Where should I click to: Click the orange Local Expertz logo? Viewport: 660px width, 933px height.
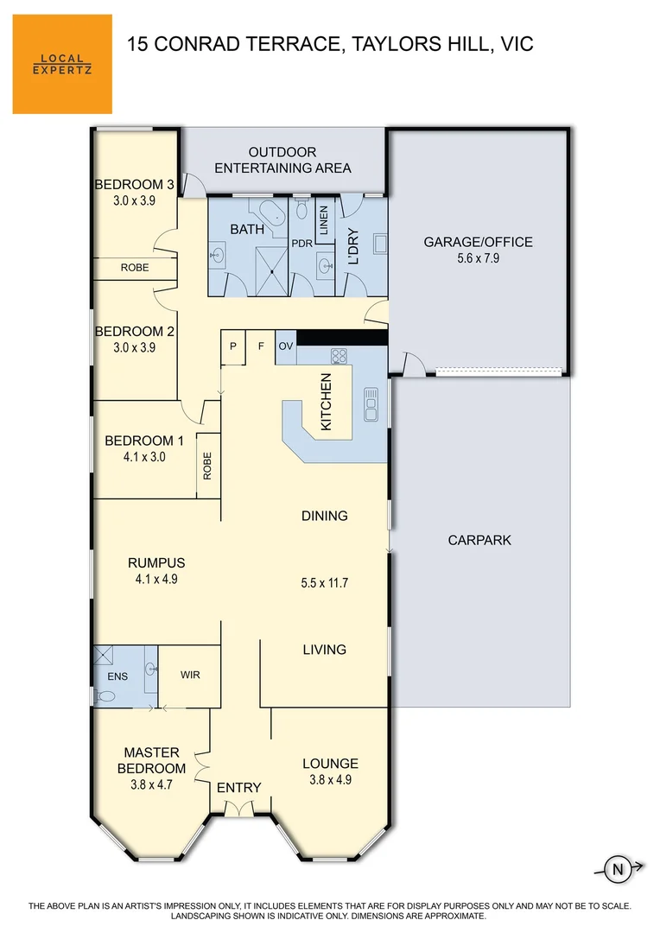tap(62, 64)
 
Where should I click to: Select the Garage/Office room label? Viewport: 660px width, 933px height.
tap(478, 242)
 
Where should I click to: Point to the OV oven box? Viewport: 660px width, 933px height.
tap(287, 346)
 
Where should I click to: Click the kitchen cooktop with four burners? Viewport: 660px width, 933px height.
tap(339, 356)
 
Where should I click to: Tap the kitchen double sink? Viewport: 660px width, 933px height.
tap(371, 404)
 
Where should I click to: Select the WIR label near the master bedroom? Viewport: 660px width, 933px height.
tap(190, 675)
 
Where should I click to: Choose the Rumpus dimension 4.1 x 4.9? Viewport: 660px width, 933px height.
tap(155, 581)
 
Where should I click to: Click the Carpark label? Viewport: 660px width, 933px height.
tap(479, 540)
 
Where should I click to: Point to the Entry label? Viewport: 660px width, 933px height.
tap(238, 787)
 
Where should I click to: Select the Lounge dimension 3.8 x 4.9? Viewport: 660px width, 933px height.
tap(330, 779)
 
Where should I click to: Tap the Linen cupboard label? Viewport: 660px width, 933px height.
tap(324, 219)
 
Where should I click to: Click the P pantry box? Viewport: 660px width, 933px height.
tap(232, 346)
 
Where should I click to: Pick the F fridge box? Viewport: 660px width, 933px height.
tap(260, 346)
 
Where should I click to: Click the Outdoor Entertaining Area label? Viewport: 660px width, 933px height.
tap(282, 160)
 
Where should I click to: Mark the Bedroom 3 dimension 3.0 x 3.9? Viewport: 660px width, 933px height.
tap(135, 200)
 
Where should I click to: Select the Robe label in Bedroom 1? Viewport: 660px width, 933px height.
tap(207, 466)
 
